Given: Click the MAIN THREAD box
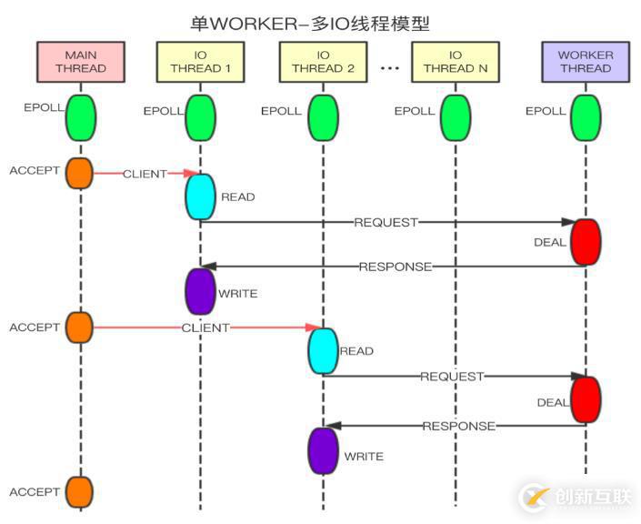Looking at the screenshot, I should (x=80, y=61).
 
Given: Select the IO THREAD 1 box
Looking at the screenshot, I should (x=200, y=61).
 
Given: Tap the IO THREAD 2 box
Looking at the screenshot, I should (x=323, y=61).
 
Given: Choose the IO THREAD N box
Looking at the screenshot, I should (x=456, y=61).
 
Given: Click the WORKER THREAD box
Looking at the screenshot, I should (x=586, y=61).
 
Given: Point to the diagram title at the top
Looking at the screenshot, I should (x=321, y=22).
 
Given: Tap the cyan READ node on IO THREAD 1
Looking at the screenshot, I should (x=200, y=196).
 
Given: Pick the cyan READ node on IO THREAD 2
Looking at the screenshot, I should (x=323, y=351).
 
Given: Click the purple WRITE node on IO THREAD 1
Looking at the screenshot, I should (x=200, y=291).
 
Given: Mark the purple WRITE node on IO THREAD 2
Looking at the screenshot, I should (x=323, y=450).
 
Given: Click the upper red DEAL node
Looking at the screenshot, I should (x=586, y=242).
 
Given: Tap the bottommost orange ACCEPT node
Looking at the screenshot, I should (x=80, y=491).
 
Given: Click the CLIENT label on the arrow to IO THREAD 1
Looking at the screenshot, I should (x=145, y=173).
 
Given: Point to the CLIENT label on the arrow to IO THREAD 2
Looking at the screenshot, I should (x=205, y=327).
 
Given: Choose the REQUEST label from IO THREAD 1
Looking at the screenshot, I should (x=386, y=222).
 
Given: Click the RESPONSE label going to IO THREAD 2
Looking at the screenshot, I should (x=459, y=426).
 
